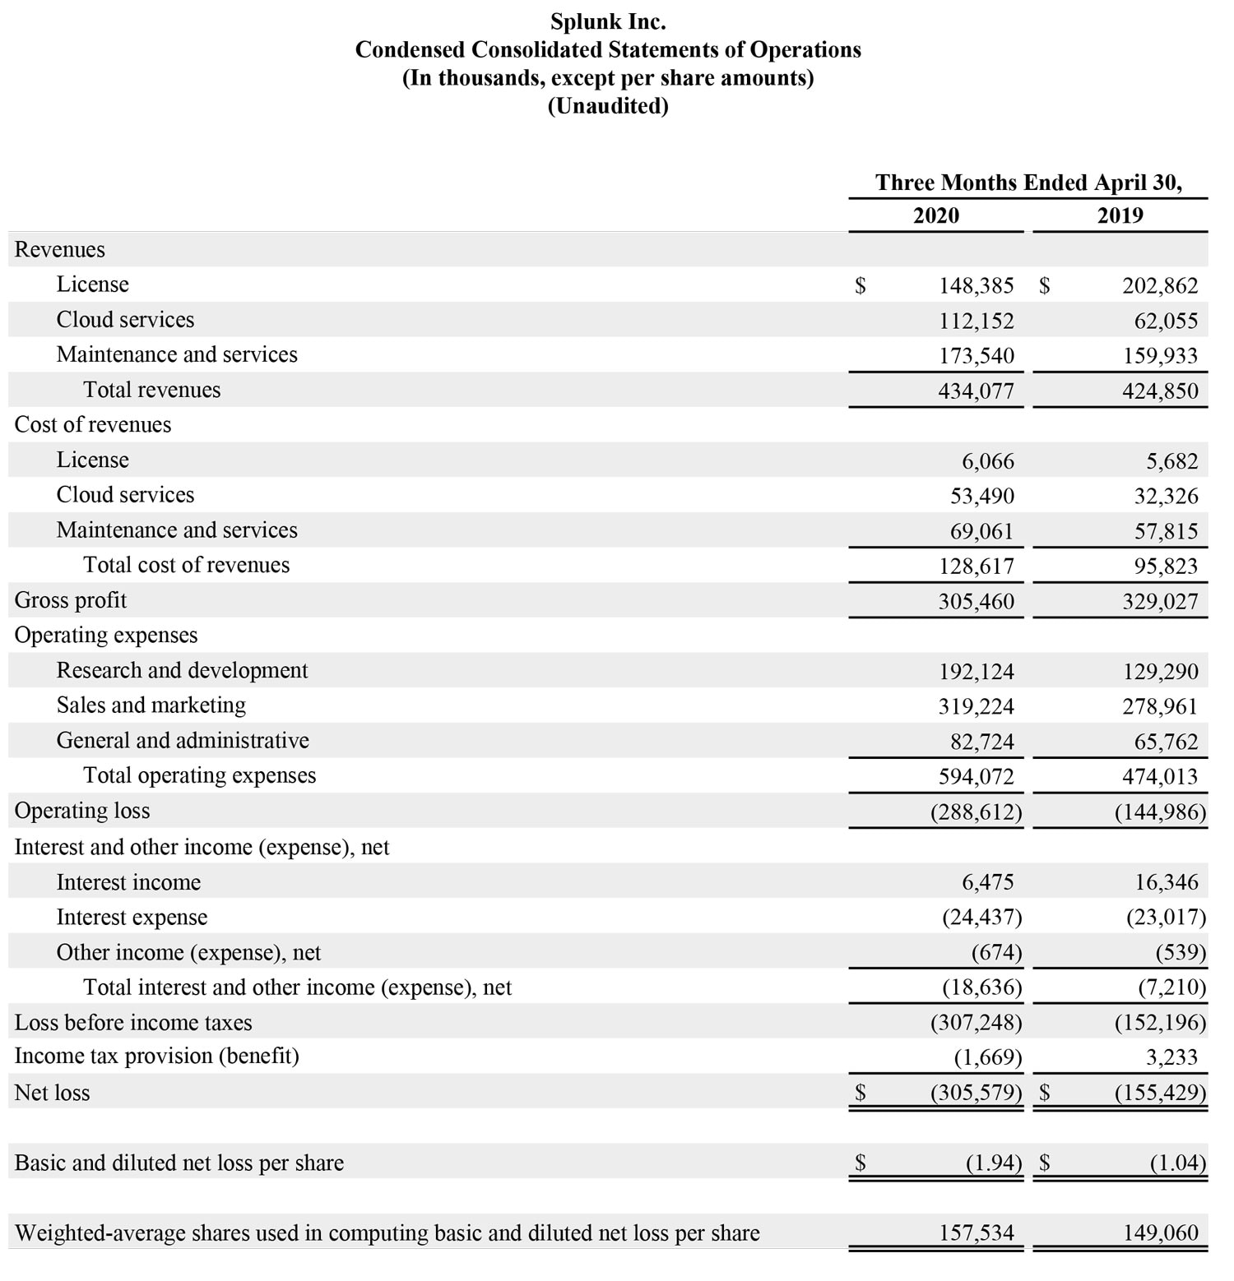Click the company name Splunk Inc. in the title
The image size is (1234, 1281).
[608, 21]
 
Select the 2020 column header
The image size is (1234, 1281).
[935, 215]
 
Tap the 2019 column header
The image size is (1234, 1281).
[1120, 215]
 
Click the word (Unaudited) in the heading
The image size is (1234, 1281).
[608, 106]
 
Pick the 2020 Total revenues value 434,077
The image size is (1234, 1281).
[976, 391]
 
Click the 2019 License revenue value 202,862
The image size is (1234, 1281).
[1160, 285]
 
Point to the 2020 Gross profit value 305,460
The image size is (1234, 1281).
[976, 601]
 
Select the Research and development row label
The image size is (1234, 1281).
[182, 670]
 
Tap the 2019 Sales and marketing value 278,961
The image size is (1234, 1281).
[1160, 706]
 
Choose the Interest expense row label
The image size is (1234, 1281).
[132, 917]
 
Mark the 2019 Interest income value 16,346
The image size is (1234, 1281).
[1167, 882]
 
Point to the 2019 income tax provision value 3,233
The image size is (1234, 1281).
[1171, 1057]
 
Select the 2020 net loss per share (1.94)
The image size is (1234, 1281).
[993, 1163]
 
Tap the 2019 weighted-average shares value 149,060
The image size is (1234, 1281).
[1160, 1232]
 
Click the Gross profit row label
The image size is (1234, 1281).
[71, 600]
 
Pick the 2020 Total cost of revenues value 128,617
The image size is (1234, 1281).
[976, 566]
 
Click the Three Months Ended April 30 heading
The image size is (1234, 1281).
[1028, 183]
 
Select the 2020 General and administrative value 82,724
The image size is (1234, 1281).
[981, 742]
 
